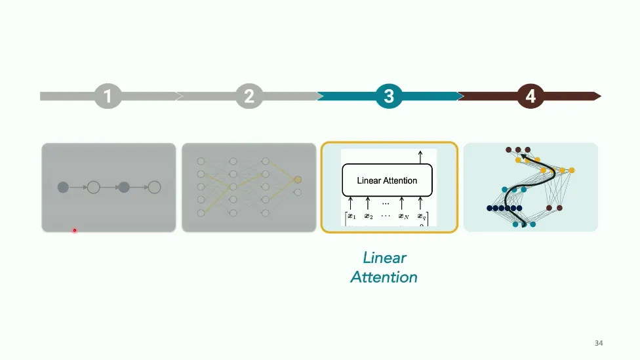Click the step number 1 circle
(x=108, y=96)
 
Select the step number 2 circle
(x=249, y=96)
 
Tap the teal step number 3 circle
(x=389, y=96)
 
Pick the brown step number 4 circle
(x=530, y=96)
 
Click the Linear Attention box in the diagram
(x=387, y=180)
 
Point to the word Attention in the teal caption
(x=384, y=277)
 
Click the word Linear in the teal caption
(x=385, y=258)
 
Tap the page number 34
(x=599, y=343)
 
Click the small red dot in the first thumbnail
(x=75, y=230)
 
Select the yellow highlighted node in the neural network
(x=298, y=179)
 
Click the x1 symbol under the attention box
(x=351, y=216)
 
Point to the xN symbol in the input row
(x=405, y=216)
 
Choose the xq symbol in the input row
(x=422, y=216)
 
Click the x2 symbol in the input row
(x=368, y=216)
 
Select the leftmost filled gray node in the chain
(x=63, y=188)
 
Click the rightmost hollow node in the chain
(x=154, y=188)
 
